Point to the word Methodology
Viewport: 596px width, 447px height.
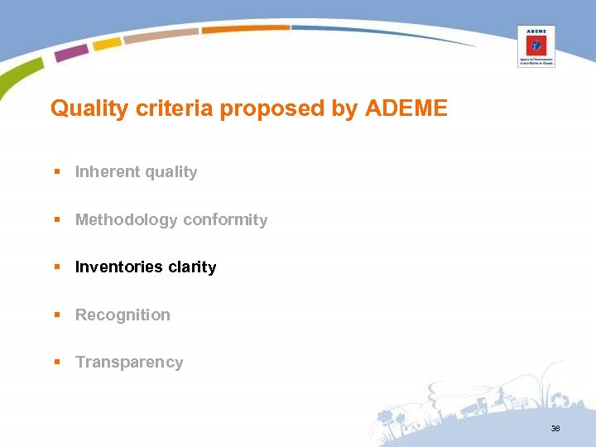point(127,220)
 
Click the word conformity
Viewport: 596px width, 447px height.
point(225,220)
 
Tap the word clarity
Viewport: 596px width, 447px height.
point(192,267)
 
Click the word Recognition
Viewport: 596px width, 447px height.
point(123,315)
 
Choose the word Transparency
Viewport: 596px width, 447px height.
point(129,363)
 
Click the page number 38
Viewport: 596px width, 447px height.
point(555,429)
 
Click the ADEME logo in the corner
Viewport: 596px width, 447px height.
point(536,46)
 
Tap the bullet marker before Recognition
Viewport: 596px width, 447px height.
point(57,315)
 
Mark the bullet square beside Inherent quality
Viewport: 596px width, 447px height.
point(57,172)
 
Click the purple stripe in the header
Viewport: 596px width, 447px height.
point(71,53)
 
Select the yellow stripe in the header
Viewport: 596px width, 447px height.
point(107,43)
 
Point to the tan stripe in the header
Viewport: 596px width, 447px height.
point(161,35)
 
